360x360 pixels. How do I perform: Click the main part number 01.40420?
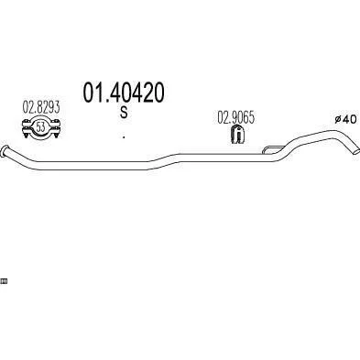point(124,93)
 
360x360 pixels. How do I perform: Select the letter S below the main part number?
point(124,113)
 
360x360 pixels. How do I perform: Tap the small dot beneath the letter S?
point(124,137)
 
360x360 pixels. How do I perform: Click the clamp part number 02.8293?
point(41,107)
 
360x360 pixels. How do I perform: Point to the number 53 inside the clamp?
point(40,126)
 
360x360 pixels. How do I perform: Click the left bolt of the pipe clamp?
point(26,129)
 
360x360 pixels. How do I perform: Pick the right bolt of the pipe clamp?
point(56,129)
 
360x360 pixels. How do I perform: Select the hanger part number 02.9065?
point(235,117)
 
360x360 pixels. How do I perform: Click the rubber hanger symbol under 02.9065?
point(237,134)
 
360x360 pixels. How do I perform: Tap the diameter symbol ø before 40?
point(338,119)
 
